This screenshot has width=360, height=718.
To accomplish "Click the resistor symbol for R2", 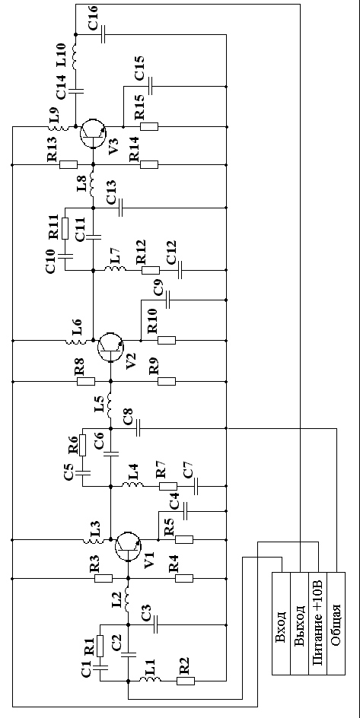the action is pyautogui.click(x=186, y=681).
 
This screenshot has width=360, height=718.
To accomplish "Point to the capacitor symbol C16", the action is pyautogui.click(x=104, y=34).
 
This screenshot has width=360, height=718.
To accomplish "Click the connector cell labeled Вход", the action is pyautogui.click(x=282, y=623).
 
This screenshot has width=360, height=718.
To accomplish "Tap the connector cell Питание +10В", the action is pyautogui.click(x=318, y=623).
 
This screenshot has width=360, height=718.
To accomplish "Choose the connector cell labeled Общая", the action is pyautogui.click(x=336, y=623).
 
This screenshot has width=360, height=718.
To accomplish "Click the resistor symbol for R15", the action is pyautogui.click(x=149, y=126).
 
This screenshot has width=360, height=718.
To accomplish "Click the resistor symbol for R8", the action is pyautogui.click(x=86, y=381).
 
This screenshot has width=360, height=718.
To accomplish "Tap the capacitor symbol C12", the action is pyautogui.click(x=180, y=270).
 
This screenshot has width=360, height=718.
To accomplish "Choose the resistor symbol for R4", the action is pyautogui.click(x=185, y=579).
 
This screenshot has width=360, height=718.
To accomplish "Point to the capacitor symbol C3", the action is pyautogui.click(x=156, y=624).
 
